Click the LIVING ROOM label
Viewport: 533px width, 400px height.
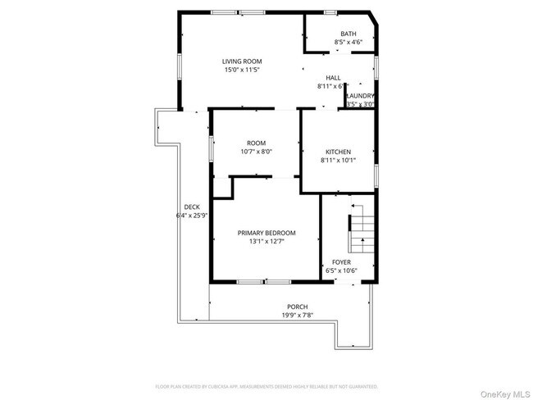[x=242, y=61]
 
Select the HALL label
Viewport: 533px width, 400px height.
[x=333, y=77]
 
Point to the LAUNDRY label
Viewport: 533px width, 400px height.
[x=360, y=96]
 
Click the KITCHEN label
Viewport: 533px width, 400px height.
[x=338, y=152]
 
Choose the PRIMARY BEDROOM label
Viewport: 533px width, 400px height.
[x=266, y=233]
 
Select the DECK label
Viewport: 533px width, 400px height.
[x=192, y=207]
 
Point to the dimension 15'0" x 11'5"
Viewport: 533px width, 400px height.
[x=242, y=70]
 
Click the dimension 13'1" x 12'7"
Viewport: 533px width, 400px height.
[x=266, y=242]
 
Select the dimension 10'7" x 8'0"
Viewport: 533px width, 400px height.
[x=256, y=152]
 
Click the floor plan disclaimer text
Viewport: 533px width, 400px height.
[x=266, y=385]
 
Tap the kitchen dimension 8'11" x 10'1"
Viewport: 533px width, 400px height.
[x=338, y=161]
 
